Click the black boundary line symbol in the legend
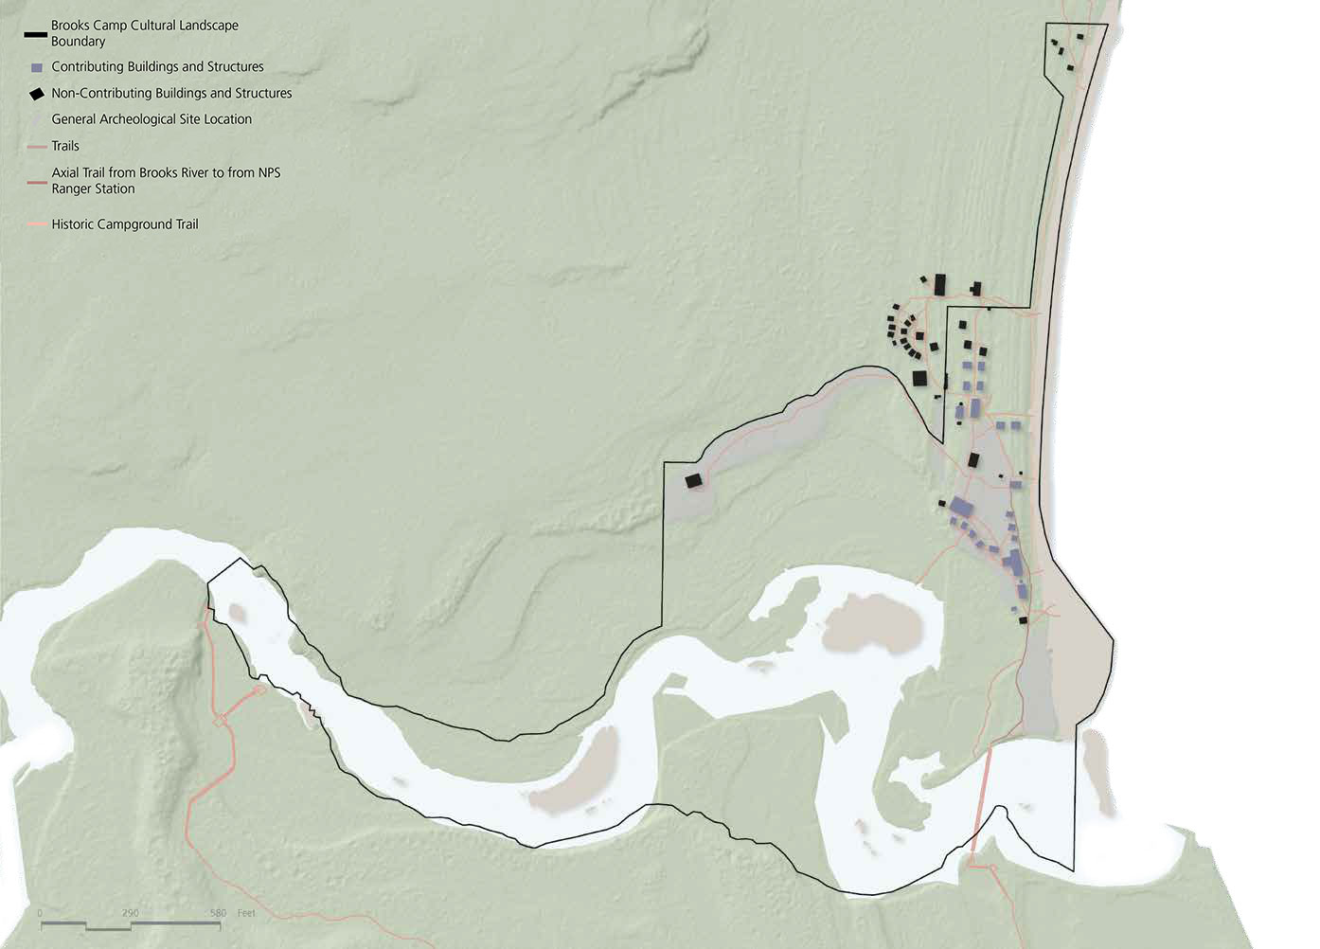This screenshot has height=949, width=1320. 35,34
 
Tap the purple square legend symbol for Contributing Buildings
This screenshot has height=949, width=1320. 37,68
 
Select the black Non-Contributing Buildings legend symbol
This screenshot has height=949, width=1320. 36,94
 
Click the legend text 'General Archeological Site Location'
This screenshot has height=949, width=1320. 152,119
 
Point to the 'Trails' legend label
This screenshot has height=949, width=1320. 65,146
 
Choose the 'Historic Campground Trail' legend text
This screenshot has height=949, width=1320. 125,224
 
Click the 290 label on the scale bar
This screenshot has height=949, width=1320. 131,913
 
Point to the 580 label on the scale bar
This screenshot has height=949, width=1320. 218,913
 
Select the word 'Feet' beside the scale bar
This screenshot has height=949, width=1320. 246,913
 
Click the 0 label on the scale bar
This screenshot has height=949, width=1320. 40,913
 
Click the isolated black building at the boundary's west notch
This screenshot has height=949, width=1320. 693,481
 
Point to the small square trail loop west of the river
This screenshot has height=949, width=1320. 221,722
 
